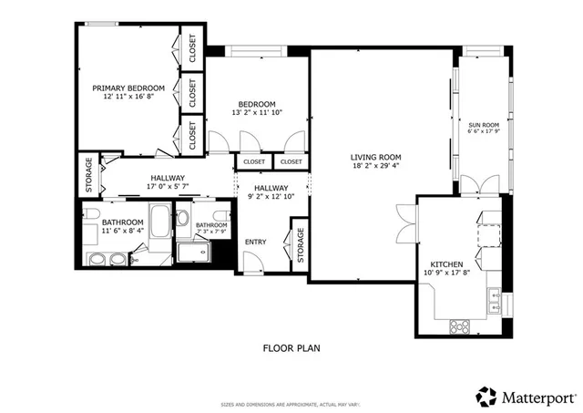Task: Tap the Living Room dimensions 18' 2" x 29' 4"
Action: coord(376,167)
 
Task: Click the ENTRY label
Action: coord(257,241)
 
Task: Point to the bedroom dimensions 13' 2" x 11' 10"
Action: coord(257,113)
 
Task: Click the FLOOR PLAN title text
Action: coord(291,347)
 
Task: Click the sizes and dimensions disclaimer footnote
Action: coord(291,404)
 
